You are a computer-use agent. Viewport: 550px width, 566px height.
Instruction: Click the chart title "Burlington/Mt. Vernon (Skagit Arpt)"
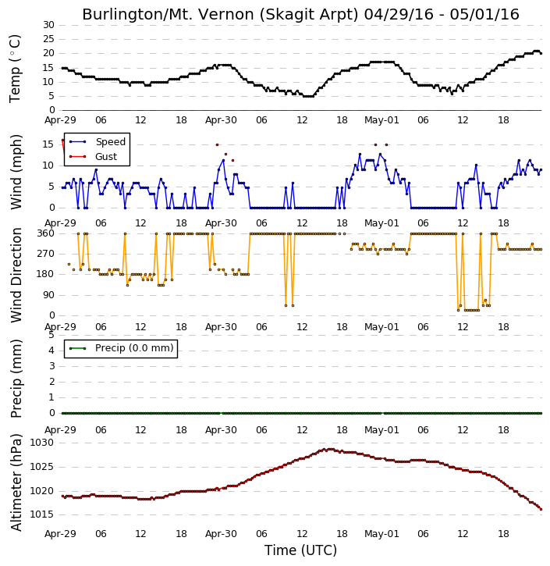pyautogui.click(x=220, y=15)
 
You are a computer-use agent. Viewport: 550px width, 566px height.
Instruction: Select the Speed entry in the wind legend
pyautogui.click(x=98, y=142)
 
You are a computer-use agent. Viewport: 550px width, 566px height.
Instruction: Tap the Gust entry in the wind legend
pyautogui.click(x=93, y=157)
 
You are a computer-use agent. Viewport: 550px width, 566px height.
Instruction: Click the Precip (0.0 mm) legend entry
pyautogui.click(x=121, y=348)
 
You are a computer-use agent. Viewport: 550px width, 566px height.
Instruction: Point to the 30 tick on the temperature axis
pyautogui.click(x=48, y=25)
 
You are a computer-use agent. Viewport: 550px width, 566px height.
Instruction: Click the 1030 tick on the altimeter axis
pyautogui.click(x=41, y=443)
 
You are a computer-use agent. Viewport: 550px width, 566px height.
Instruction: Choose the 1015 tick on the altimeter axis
pyautogui.click(x=41, y=514)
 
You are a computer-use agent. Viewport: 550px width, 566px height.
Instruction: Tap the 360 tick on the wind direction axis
pyautogui.click(x=46, y=233)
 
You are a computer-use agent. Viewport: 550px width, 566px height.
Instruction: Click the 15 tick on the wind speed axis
pyautogui.click(x=48, y=144)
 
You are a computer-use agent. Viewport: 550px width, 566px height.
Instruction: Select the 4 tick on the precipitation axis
pyautogui.click(x=51, y=351)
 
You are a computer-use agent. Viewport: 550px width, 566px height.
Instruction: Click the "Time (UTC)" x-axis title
pyautogui.click(x=300, y=550)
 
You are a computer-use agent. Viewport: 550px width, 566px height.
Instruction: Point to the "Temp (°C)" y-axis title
pyautogui.click(x=15, y=69)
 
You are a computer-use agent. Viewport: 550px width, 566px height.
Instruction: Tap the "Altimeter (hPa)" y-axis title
pyautogui.click(x=16, y=483)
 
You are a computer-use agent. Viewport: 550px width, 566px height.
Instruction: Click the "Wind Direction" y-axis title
pyautogui.click(x=16, y=275)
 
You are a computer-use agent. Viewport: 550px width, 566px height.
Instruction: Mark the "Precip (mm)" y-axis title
pyautogui.click(x=16, y=379)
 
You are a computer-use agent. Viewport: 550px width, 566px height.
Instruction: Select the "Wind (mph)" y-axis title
pyautogui.click(x=16, y=172)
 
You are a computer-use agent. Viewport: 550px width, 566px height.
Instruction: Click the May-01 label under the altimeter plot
pyautogui.click(x=381, y=534)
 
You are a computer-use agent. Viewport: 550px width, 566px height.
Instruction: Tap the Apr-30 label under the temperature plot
pyautogui.click(x=221, y=120)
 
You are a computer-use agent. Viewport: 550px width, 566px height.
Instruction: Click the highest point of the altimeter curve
pyautogui.click(x=330, y=449)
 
